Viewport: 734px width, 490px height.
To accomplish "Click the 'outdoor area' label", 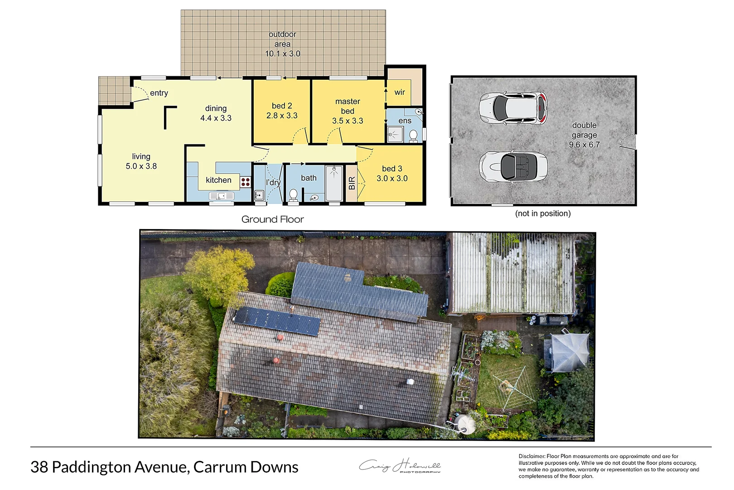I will (282, 44).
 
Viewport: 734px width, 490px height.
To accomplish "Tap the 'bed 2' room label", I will (282, 111).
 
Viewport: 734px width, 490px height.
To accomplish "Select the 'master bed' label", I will (348, 111).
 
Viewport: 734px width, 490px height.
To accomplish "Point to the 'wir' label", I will (400, 92).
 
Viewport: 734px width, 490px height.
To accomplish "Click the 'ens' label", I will (405, 121).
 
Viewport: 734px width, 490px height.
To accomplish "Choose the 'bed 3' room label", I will (392, 173).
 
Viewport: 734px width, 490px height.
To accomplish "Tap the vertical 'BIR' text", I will (352, 183).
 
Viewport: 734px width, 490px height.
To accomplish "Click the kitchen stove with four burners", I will (246, 182).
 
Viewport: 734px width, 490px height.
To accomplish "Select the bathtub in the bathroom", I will (334, 182).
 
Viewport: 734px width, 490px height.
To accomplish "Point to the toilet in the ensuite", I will (413, 135).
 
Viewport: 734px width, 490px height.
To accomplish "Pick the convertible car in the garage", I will (513, 167).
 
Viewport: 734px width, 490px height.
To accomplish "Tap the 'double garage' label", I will (584, 135).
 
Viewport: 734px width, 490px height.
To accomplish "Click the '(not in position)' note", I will (543, 213).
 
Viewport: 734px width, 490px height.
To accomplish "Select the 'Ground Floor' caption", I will (272, 220).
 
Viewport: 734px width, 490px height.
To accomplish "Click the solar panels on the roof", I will (277, 320).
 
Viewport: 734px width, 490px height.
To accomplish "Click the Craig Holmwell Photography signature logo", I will (400, 466).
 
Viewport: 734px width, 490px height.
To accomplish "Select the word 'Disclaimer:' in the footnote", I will (531, 456).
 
